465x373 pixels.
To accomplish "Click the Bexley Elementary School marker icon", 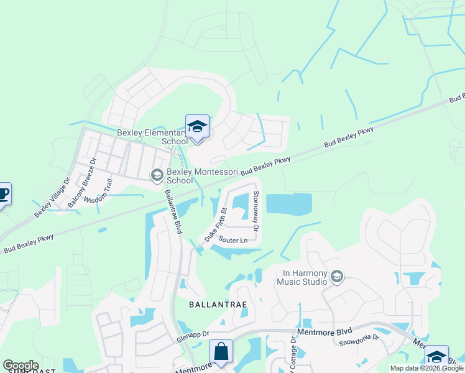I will (197, 127).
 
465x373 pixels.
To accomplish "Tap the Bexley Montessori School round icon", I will (157, 176).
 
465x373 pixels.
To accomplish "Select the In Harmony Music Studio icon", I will (337, 277).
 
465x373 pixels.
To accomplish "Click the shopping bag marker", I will (221, 351).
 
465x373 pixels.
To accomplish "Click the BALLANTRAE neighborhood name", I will (218, 305).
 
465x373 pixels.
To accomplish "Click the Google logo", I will (21, 366).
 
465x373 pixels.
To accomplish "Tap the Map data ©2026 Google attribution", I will (426, 368).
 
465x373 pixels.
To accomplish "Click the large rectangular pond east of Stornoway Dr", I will (289, 203).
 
